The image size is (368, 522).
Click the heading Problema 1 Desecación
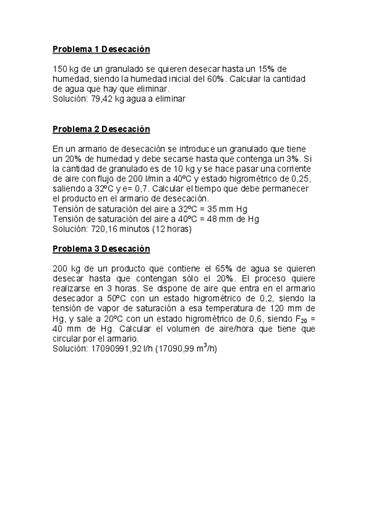101,49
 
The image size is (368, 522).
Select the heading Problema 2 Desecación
101,129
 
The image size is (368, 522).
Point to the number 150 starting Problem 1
60,69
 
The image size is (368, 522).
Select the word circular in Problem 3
67,339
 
